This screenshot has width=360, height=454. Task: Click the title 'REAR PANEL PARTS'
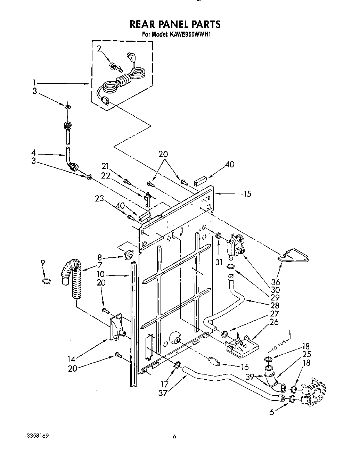[x=175, y=24]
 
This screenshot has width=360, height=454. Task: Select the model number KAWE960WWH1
[x=191, y=34]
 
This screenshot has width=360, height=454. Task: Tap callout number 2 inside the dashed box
[x=99, y=49]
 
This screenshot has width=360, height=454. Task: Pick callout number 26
[x=274, y=322]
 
